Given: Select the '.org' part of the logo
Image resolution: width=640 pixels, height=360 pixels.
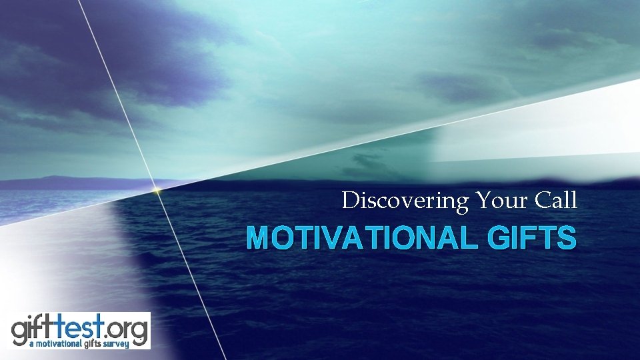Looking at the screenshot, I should click(127, 329).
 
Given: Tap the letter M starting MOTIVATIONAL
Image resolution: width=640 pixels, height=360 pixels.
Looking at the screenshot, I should click(257, 238).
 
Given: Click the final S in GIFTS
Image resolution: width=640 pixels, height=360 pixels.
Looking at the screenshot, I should click(567, 238).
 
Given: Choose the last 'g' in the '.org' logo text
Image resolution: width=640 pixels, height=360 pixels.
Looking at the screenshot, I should click(141, 331).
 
